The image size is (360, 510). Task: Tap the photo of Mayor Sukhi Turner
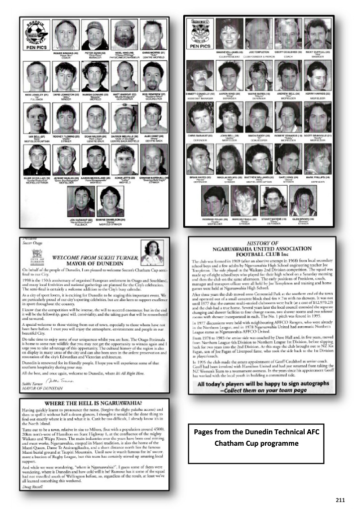(x=154, y=253)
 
